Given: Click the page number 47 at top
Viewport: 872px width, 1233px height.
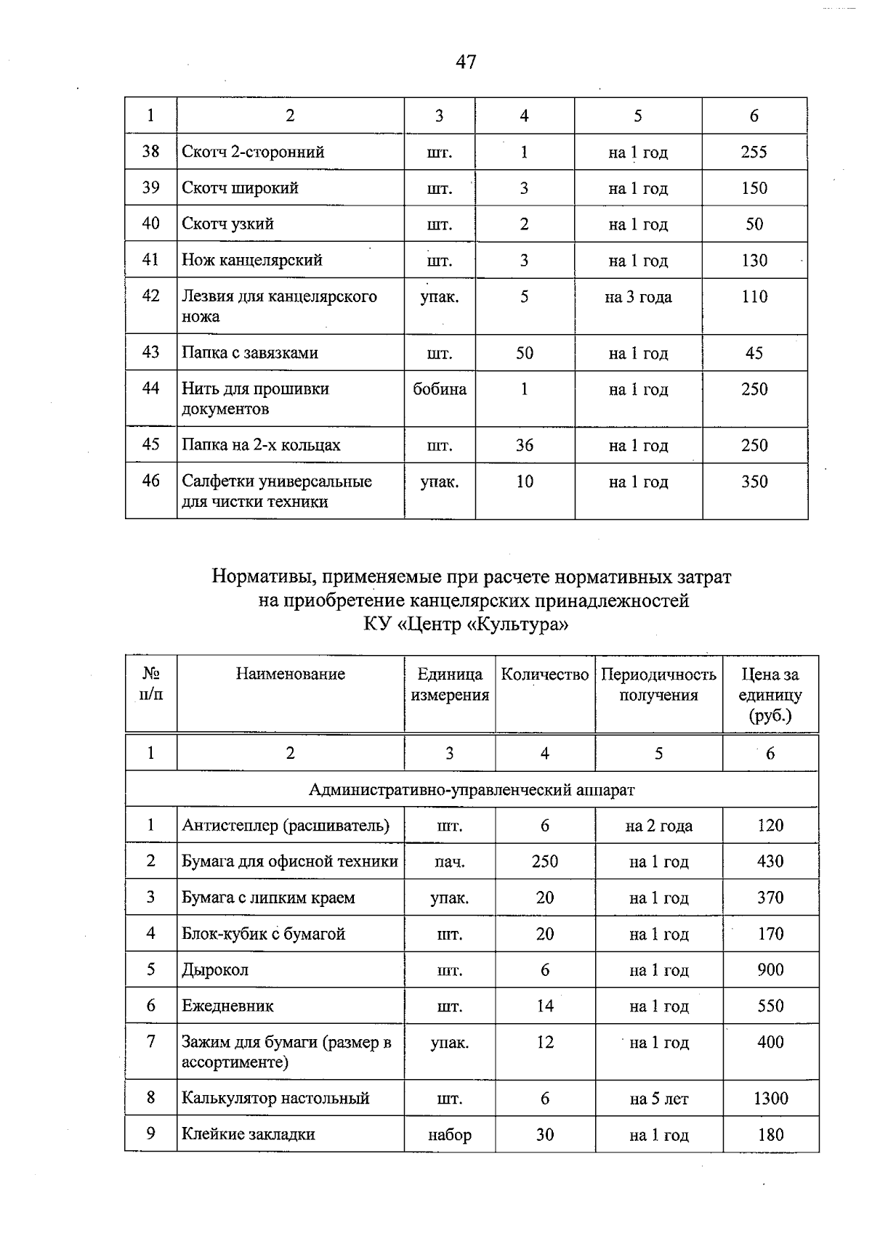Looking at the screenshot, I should (x=466, y=62).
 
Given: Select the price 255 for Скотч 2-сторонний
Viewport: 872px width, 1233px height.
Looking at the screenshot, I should (x=754, y=152).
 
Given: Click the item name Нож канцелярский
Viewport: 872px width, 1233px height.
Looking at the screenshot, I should (x=251, y=260).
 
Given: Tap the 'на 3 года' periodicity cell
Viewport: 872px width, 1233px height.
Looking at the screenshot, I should (x=638, y=297).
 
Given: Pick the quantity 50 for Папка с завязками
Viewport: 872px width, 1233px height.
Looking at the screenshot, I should (x=524, y=353).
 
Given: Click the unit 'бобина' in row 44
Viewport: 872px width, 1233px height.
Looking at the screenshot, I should (x=440, y=389).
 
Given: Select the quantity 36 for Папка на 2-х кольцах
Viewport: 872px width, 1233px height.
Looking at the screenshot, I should (x=524, y=445).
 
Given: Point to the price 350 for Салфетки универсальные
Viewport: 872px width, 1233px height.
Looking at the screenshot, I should (x=754, y=481).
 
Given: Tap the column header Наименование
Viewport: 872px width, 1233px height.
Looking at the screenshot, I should (x=290, y=674).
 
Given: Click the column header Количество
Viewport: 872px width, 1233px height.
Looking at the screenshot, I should (x=544, y=675).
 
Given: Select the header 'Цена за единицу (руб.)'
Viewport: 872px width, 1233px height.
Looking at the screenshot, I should (x=770, y=695).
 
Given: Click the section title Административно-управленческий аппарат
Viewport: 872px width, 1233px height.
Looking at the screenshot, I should (x=472, y=789).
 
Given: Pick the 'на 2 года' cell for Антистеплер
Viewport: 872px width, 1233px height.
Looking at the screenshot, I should (x=658, y=826).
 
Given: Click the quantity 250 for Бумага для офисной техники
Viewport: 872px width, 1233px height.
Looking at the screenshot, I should (x=544, y=862).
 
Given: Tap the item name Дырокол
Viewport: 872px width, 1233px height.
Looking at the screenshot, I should (x=215, y=970).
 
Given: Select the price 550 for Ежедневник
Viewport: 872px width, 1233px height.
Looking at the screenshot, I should (x=770, y=1006).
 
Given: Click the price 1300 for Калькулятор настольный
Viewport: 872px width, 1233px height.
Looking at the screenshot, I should (x=770, y=1099).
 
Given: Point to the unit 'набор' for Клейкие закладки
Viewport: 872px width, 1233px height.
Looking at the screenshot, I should (x=449, y=1135).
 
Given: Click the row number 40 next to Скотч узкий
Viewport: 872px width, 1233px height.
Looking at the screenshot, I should (x=150, y=224).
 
